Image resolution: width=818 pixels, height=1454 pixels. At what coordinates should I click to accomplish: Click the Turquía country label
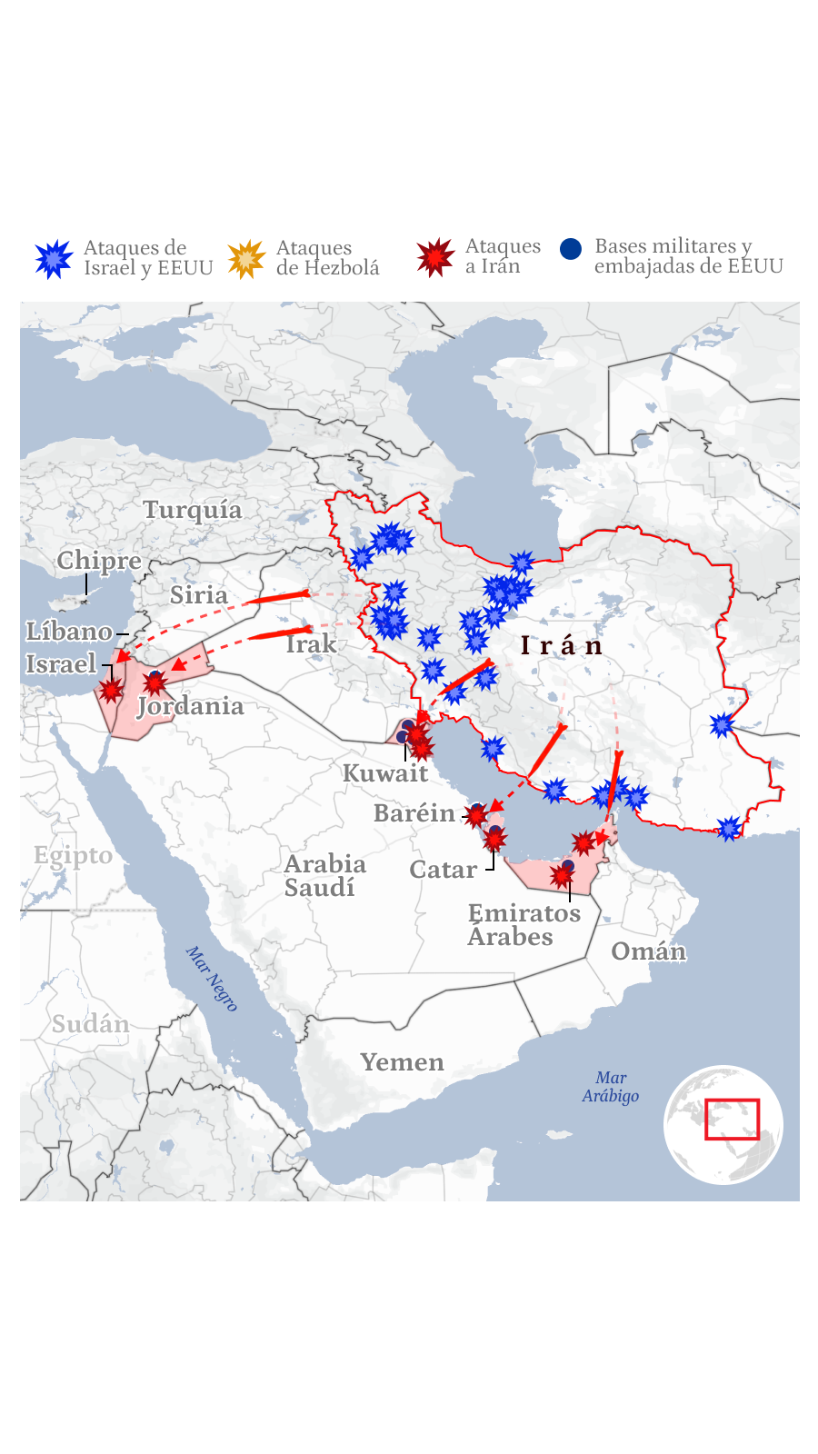193,510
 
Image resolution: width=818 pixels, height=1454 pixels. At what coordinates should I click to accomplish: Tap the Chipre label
99,561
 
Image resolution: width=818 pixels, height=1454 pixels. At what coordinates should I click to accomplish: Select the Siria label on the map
199,595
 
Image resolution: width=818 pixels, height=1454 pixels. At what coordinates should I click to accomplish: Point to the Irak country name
311,644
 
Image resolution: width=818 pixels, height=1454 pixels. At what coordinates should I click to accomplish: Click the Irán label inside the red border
562,646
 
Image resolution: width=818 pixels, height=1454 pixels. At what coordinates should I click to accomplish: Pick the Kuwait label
384,773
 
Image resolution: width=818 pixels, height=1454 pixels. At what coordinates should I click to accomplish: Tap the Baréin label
414,813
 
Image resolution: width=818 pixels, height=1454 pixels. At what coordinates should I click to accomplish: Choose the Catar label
443,870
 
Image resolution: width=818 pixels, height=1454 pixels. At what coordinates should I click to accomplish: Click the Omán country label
648,951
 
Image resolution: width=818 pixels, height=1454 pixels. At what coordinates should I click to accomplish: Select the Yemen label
402,1062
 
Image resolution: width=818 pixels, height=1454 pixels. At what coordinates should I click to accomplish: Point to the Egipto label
73,855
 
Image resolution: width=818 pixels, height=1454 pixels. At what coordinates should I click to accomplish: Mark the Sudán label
90,1024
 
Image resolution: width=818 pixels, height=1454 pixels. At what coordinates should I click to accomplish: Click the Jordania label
191,706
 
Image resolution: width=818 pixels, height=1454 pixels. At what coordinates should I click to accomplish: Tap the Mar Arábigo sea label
611,1087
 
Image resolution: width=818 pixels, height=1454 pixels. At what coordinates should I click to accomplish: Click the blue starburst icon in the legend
54,259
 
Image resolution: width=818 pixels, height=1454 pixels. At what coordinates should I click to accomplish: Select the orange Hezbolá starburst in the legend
246,260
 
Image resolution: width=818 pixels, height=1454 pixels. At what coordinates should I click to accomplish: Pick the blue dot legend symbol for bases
571,249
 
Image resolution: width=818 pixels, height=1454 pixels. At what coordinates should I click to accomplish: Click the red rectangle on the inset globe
732,1120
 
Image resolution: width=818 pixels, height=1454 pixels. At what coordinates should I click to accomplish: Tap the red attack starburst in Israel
111,691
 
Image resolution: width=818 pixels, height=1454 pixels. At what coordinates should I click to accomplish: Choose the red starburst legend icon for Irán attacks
435,258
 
